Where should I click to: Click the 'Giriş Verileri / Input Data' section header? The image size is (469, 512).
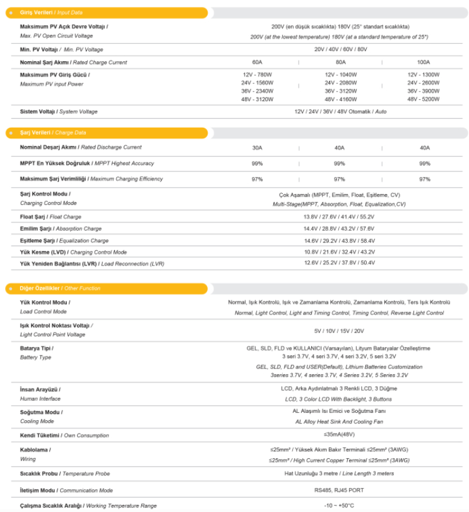[x=51, y=13]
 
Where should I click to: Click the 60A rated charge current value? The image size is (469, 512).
[x=257, y=62]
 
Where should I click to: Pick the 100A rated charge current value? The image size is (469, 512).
[x=424, y=62]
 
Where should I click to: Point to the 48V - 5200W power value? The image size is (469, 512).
[x=424, y=99]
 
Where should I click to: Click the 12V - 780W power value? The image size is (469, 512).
[x=258, y=75]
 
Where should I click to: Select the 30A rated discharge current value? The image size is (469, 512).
[x=257, y=148]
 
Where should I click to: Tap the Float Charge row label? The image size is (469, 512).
[x=50, y=217]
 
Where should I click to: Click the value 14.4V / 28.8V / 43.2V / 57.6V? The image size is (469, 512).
[x=339, y=229]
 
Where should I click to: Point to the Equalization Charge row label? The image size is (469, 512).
[x=64, y=241]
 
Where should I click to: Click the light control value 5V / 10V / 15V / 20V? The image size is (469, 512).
[x=339, y=331]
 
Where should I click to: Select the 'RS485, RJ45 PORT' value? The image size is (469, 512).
[x=339, y=490]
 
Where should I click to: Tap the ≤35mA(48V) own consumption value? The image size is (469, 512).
[x=339, y=435]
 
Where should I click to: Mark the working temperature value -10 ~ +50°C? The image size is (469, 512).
[x=339, y=506]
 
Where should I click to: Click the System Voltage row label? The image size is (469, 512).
[x=59, y=112]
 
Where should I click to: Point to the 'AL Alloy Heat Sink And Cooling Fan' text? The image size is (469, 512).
[x=339, y=422]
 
